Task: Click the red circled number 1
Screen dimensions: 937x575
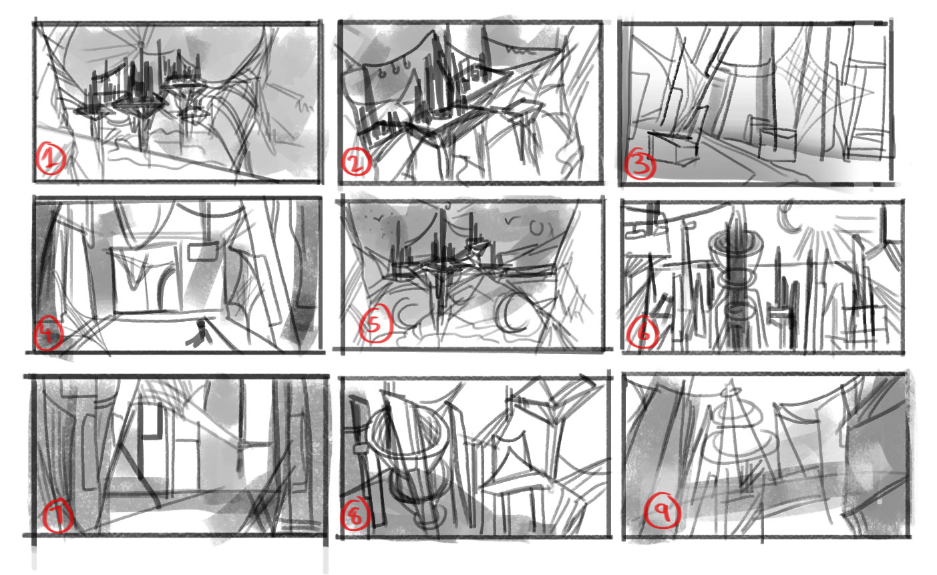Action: (51, 158)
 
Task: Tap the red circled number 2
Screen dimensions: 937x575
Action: (357, 162)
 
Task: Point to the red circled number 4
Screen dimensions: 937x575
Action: (48, 333)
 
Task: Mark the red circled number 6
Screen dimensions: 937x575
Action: (642, 333)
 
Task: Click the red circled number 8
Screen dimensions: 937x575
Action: (355, 515)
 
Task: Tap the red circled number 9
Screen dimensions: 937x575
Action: (662, 510)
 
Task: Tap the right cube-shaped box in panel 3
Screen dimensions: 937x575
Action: (777, 144)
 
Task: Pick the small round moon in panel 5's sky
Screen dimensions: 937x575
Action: (537, 228)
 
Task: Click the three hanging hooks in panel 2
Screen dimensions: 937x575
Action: (393, 74)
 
